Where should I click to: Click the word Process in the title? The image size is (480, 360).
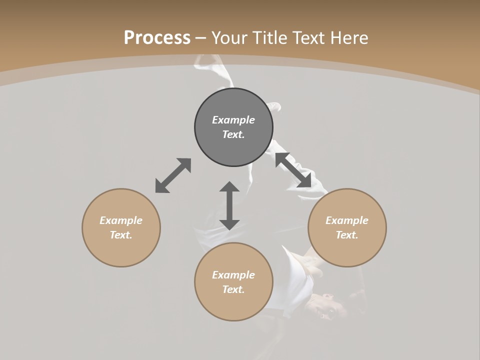tap(157, 38)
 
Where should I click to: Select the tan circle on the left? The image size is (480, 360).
tap(121, 250)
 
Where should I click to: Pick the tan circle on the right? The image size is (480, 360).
tap(347, 250)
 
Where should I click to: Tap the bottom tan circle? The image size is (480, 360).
tap(233, 305)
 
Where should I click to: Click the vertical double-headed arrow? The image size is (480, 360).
tap(229, 205)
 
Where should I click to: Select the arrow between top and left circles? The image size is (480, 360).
tap(173, 175)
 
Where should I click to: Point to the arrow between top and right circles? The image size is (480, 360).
tap(293, 170)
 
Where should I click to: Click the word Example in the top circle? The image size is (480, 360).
tap(233, 120)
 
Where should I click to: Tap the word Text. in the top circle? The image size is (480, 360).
tap(233, 134)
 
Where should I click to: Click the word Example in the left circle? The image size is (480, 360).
tap(121, 220)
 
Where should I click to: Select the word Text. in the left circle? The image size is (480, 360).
tap(121, 235)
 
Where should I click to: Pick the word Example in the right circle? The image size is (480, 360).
tap(347, 220)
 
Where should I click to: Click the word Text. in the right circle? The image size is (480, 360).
tap(347, 235)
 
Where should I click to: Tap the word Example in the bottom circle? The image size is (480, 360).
tap(233, 275)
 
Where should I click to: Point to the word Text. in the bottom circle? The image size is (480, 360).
tap(233, 289)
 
